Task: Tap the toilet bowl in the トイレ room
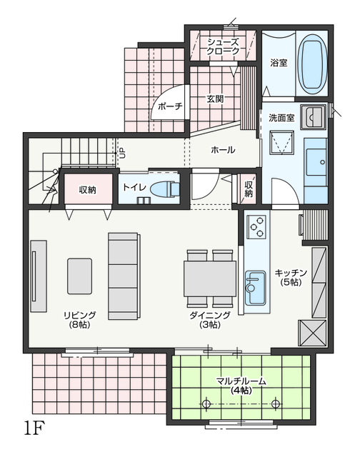tap(165, 189)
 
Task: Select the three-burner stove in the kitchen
tap(256, 226)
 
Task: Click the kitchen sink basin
tap(255, 288)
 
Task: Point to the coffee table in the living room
tap(79, 276)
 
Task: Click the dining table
tap(209, 278)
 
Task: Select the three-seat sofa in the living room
tap(124, 276)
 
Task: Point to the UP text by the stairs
tap(123, 153)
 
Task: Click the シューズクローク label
tap(223, 46)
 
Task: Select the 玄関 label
tap(215, 99)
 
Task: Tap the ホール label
tap(223, 150)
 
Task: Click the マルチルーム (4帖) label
tap(241, 386)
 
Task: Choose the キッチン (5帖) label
tap(291, 278)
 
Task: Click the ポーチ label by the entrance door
tap(170, 106)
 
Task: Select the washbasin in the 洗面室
tap(314, 116)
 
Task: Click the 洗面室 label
tap(281, 118)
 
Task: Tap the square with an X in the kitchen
tap(311, 333)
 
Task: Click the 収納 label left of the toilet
tap(87, 190)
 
